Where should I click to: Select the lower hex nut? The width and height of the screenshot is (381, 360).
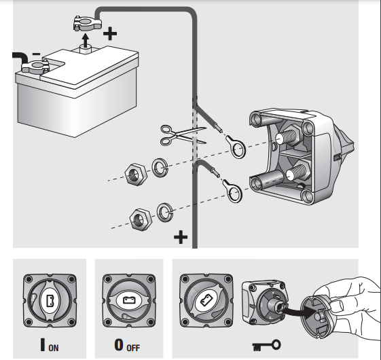coord(141,219)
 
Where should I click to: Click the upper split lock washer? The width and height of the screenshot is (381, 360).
coord(160,168)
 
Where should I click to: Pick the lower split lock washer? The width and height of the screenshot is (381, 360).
coord(165,212)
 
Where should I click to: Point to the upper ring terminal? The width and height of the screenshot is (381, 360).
coord(236,147)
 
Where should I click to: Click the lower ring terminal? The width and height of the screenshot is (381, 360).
coord(232,191)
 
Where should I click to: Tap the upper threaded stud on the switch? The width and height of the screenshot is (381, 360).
coord(287,137)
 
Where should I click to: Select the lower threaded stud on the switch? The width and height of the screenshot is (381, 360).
coord(297,172)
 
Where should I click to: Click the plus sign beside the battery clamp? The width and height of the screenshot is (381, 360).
coord(110,33)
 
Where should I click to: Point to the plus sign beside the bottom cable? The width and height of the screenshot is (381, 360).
coord(181,237)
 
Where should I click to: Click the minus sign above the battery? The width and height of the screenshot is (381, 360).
coord(37,54)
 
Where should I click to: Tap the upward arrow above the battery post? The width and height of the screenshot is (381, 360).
coord(85,40)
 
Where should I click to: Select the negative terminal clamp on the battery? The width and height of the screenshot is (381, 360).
coord(35,67)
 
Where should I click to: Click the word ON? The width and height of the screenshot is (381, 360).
coord(54,348)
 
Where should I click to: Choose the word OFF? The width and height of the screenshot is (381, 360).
coord(133,348)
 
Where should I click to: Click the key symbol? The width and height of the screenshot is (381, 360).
coord(266,345)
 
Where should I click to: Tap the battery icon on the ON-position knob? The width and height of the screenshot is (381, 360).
coord(50,300)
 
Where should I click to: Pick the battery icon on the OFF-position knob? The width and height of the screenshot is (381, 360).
coord(129,300)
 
